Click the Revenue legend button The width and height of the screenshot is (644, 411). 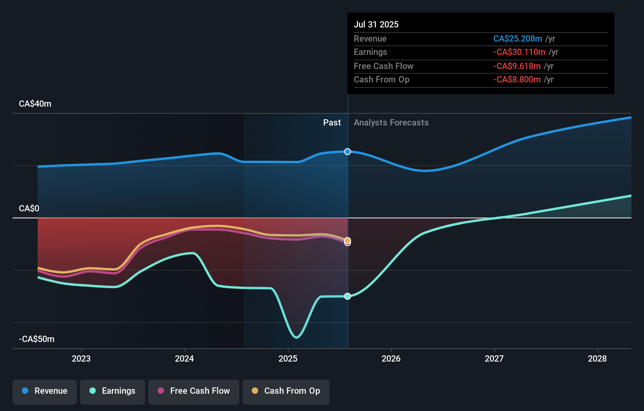tap(45, 391)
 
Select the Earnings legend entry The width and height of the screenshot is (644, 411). tap(113, 391)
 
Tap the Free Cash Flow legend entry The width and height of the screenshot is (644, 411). tap(194, 391)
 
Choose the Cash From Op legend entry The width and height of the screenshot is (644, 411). tap(286, 391)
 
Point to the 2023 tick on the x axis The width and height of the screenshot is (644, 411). tap(81, 358)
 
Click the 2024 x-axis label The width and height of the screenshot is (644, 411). tap(184, 358)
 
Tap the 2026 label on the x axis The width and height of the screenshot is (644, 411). tap(391, 358)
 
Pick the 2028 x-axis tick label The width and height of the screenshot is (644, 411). tap(597, 358)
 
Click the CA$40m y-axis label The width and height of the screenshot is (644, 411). tap(35, 104)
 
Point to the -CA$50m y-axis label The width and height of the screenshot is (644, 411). tap(36, 339)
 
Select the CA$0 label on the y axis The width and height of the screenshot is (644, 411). tap(29, 209)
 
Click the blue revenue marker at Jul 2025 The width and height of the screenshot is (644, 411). tap(347, 152)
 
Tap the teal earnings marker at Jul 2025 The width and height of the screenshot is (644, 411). tap(347, 296)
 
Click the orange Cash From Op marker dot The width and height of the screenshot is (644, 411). tap(347, 240)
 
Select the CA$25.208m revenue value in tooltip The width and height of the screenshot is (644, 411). tap(517, 39)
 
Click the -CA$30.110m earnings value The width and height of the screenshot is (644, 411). tap(519, 52)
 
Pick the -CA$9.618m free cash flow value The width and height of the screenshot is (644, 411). tap(517, 66)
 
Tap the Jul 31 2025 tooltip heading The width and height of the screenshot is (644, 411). tap(376, 25)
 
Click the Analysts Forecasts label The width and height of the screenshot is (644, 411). tap(391, 123)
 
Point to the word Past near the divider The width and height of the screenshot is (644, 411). tap(332, 123)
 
